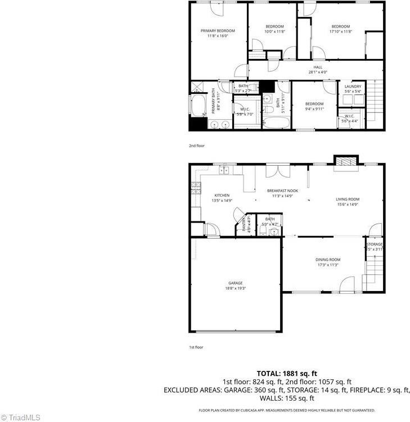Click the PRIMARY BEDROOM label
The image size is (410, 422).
pos(218,30)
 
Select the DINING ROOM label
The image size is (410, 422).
pos(327,260)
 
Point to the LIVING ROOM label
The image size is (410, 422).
pos(348,199)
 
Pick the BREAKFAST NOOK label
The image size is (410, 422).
pos(282,191)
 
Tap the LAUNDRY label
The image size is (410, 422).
pos(353,87)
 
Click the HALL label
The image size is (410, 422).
pos(318,67)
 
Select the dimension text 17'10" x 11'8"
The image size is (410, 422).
pos(340,31)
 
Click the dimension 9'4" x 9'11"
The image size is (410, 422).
pos(314,108)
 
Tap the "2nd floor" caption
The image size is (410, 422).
pos(197,146)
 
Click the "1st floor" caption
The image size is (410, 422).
pos(196,347)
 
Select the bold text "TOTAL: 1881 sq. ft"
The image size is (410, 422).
pos(287,373)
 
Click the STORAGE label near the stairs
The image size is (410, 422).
pos(375,244)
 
